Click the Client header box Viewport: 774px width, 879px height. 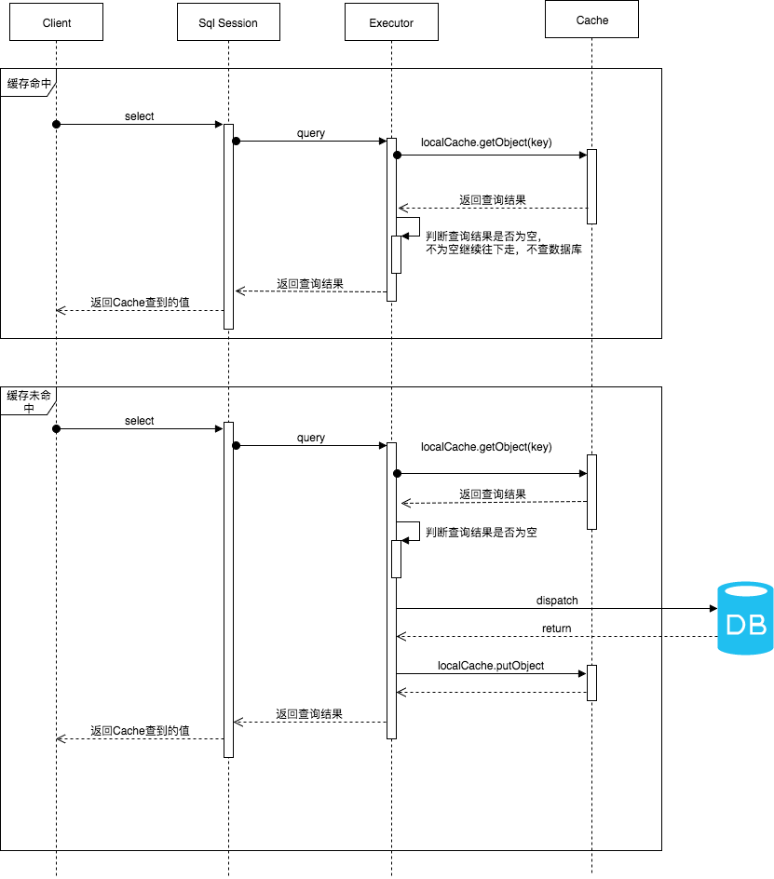[56, 22]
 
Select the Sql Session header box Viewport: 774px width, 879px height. [228, 22]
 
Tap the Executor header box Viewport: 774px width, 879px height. [391, 22]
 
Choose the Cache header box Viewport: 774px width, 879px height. [591, 20]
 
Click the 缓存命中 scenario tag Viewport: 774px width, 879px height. [28, 83]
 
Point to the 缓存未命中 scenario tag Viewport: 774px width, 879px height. [28, 401]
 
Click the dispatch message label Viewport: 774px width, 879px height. [557, 601]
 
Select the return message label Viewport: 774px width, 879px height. [556, 629]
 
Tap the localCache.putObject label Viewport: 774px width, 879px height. [491, 666]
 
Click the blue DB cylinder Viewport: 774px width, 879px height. [745, 619]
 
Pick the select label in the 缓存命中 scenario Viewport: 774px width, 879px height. [139, 116]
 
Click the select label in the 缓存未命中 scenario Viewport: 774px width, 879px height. [139, 421]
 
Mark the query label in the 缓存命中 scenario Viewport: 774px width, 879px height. [311, 133]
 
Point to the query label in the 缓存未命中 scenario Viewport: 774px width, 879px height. [311, 438]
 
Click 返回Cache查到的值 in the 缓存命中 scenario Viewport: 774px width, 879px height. [140, 303]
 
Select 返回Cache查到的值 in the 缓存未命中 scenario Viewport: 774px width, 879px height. [140, 731]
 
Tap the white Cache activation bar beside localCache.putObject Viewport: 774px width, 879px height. [591, 683]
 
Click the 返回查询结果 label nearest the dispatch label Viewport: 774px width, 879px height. [493, 494]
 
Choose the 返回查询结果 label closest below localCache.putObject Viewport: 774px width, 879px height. [309, 714]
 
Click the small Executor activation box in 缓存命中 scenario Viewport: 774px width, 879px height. [396, 254]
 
